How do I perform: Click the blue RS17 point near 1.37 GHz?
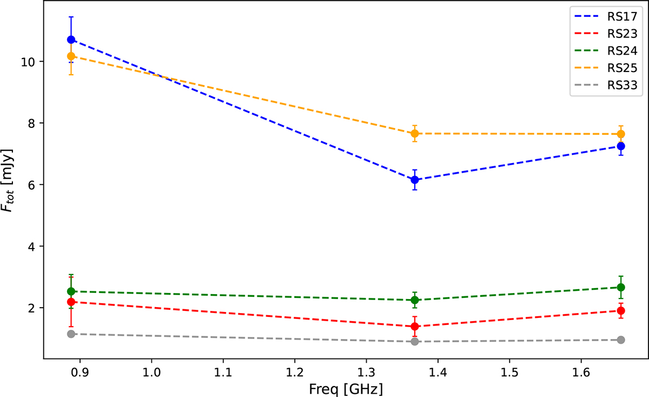[415, 180]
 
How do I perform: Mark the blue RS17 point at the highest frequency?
[621, 146]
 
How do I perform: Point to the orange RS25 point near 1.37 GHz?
[415, 133]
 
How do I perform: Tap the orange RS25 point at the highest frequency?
[621, 134]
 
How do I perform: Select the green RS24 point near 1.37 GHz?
[415, 300]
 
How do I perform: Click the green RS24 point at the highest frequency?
[621, 287]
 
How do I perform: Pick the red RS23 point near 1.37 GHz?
[415, 327]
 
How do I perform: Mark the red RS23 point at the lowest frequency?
[71, 302]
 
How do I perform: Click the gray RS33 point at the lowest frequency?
[71, 334]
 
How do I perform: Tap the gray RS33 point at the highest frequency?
[621, 340]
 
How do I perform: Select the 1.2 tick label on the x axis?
[294, 374]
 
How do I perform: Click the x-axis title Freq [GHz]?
[346, 388]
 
